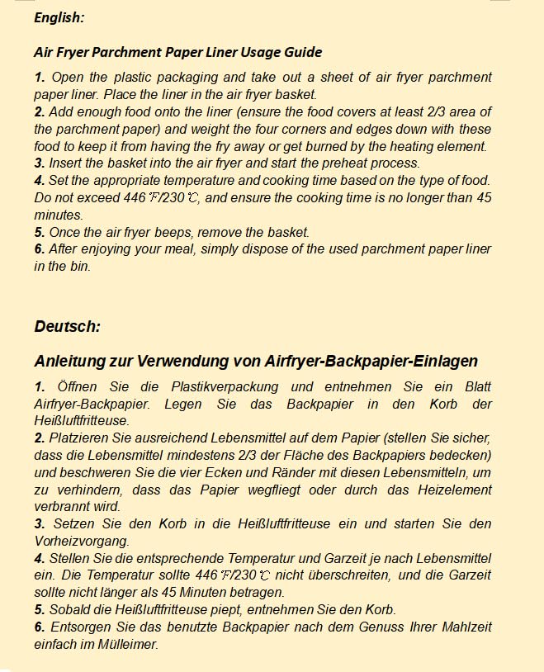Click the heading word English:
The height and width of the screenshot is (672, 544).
click(59, 17)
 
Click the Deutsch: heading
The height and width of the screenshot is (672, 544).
click(67, 326)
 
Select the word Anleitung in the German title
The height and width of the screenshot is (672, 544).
click(73, 361)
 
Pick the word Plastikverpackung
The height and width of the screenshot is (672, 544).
click(225, 386)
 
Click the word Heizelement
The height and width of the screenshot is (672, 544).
click(452, 490)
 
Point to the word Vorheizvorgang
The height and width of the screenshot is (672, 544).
click(82, 541)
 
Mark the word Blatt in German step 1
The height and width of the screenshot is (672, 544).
click(475, 386)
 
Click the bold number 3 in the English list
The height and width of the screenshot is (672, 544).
click(39, 163)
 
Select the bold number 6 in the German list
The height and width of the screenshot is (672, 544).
click(39, 627)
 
